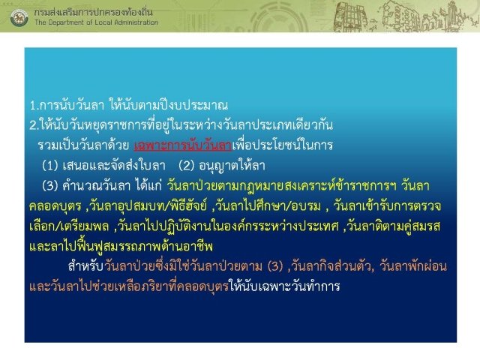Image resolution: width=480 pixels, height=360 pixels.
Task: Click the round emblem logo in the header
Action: tap(19, 17)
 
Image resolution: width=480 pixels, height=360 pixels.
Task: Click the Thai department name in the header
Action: tap(93, 12)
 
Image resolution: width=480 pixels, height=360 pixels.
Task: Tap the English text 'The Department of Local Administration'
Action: tap(97, 22)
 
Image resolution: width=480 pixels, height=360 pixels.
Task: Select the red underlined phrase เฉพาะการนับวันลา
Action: tap(183, 145)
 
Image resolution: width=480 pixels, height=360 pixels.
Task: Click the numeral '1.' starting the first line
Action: tap(34, 106)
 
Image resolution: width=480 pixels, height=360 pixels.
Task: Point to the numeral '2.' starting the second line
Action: tap(34, 125)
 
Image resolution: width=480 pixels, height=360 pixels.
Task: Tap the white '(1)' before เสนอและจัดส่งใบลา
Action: tap(50, 166)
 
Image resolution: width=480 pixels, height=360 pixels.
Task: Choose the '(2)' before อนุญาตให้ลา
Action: tap(187, 166)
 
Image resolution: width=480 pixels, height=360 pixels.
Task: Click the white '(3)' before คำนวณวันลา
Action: tap(50, 186)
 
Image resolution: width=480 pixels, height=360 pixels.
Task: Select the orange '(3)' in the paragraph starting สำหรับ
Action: tap(275, 267)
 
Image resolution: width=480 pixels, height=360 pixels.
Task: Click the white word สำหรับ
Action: tap(85, 266)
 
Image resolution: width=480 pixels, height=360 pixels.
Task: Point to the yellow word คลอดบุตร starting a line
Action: tap(55, 206)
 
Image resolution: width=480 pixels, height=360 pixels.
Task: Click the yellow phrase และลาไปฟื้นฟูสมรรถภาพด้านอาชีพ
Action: tap(121, 247)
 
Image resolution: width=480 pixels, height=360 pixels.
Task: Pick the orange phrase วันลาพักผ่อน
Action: tap(413, 266)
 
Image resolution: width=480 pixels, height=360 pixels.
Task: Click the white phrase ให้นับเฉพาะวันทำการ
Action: tap(285, 286)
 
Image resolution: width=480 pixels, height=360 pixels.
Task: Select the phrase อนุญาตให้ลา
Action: tap(232, 166)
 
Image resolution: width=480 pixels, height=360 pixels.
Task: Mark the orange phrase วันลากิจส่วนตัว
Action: tap(332, 266)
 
